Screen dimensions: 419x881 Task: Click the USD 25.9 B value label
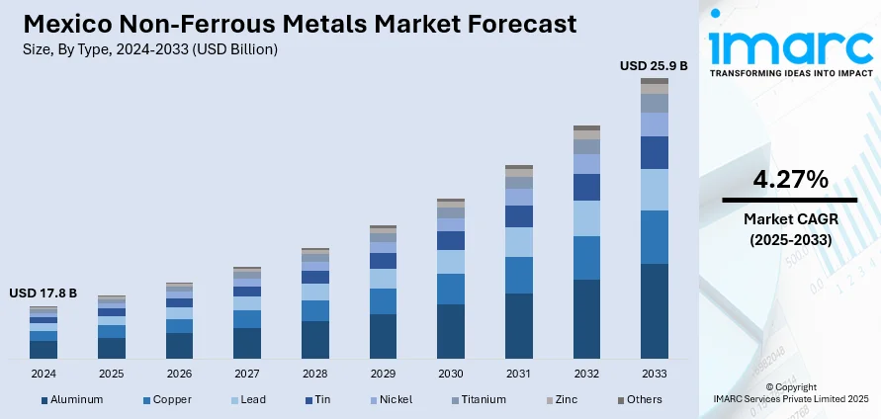[x=654, y=66]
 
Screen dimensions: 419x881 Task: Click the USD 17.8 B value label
[x=43, y=293]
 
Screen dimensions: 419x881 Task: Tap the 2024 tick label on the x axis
[x=44, y=375]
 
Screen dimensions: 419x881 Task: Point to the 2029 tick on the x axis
[x=383, y=375]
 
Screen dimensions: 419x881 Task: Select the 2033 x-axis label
[x=655, y=375]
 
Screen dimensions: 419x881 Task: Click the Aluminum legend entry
[x=72, y=400]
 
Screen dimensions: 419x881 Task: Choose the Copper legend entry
[x=167, y=400]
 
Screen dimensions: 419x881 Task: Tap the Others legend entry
[x=640, y=400]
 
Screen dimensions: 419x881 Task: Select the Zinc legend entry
[x=564, y=400]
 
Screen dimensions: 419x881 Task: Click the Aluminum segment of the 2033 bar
[x=655, y=310]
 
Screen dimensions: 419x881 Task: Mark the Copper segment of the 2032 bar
[x=586, y=258]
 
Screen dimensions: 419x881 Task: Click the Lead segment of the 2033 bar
[x=655, y=190]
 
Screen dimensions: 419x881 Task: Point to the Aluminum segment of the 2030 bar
[x=451, y=331]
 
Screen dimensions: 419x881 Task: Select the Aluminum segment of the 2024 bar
[x=44, y=349]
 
